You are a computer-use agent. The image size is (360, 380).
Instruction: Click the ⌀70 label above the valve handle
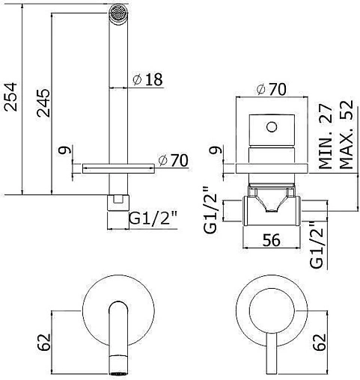pyautogui.click(x=271, y=90)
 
